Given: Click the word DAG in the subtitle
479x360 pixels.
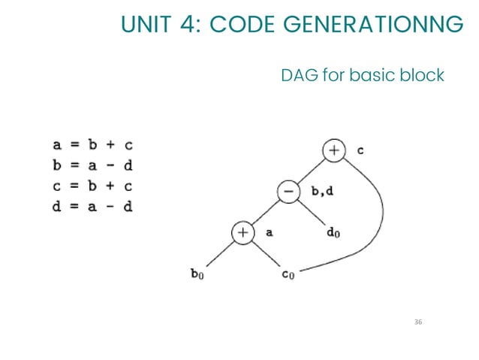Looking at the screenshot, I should coord(299,76).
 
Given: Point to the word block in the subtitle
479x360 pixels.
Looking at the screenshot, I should coord(421,76).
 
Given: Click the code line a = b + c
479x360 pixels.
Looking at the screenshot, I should coord(92,144).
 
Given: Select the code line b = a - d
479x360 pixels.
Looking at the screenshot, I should coord(92,165).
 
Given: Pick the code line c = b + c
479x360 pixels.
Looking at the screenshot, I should coord(92,185).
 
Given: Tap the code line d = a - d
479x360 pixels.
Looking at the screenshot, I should coord(92,205).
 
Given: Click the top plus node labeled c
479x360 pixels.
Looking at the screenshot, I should coord(333,150).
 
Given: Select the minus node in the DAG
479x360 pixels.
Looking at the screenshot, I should coord(288,192).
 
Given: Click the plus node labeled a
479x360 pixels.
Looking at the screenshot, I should coord(243,233).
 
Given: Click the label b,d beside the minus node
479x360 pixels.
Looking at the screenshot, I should coord(321,192).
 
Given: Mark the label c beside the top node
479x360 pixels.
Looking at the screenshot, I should coord(360,150).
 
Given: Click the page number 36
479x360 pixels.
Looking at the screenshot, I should coord(418,322).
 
